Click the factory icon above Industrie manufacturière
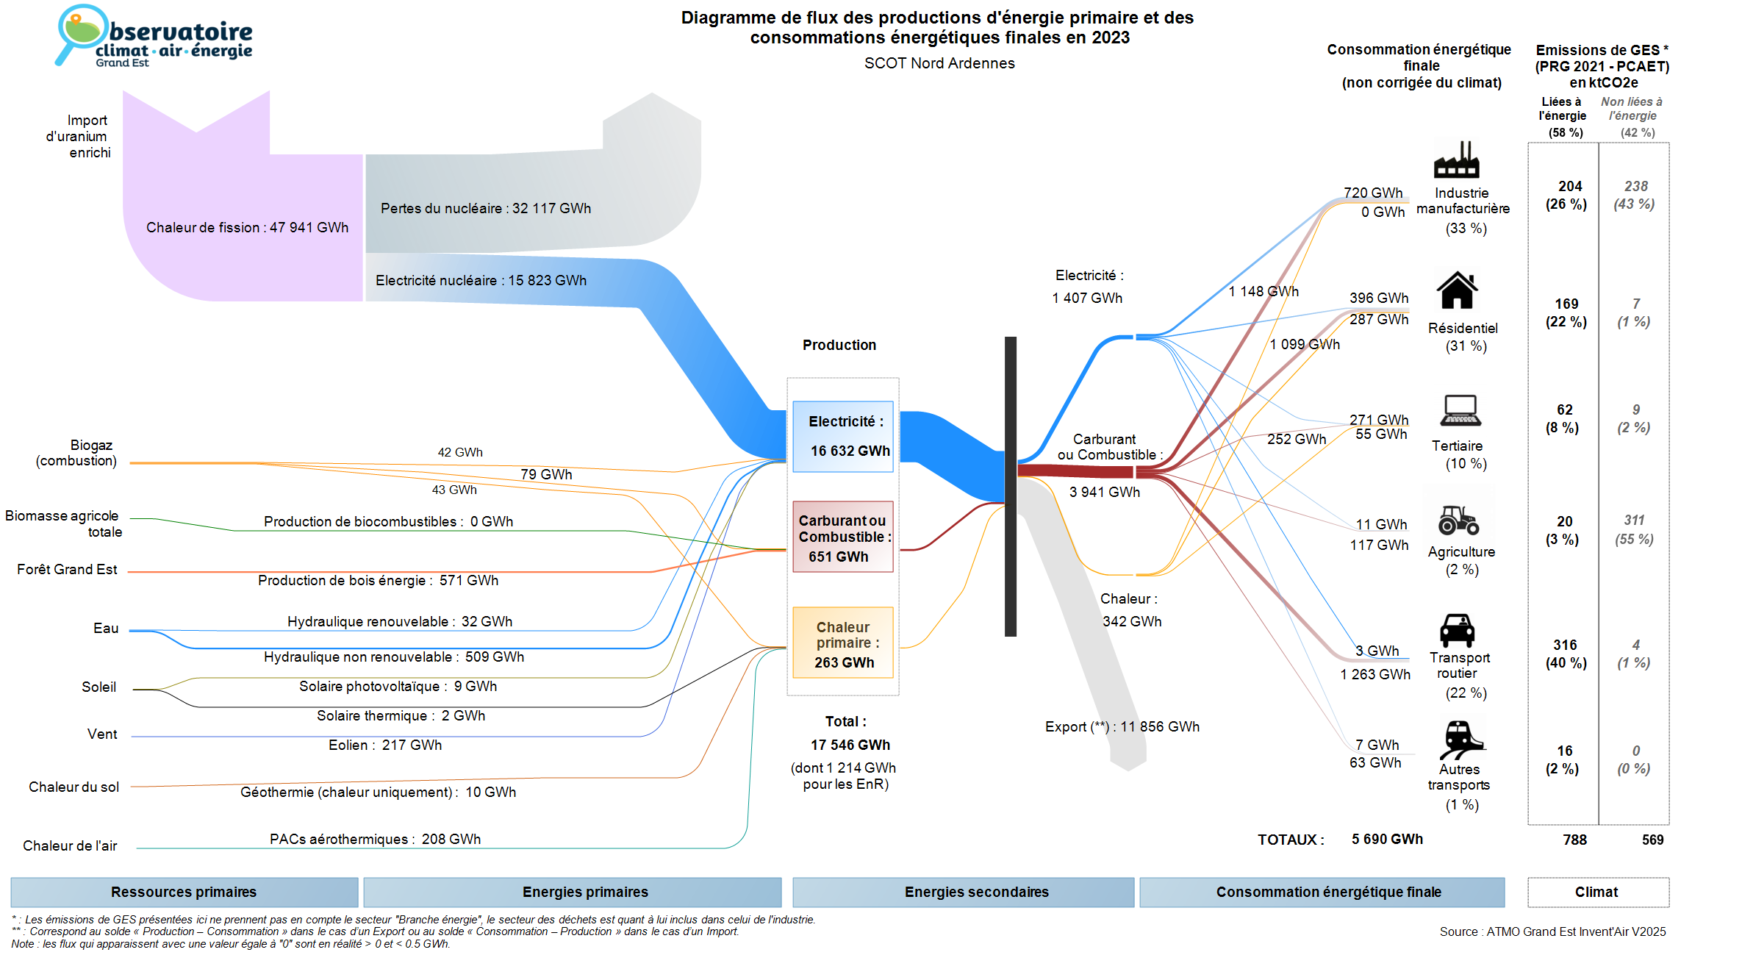tap(1456, 160)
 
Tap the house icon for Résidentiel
tap(1457, 290)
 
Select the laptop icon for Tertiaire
tap(1460, 411)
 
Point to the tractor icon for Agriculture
tap(1458, 520)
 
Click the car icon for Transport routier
tap(1457, 630)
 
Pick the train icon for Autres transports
tap(1460, 738)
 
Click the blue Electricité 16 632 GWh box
tap(843, 436)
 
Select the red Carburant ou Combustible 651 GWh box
tap(843, 537)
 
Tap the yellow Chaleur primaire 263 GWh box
tap(843, 643)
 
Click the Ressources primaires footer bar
tap(184, 892)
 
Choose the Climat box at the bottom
tap(1597, 892)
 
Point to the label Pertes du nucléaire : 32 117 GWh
tap(485, 208)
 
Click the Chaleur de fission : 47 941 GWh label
tap(247, 227)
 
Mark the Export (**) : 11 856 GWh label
tap(1122, 726)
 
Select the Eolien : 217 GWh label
tap(385, 745)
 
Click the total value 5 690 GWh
tap(1387, 839)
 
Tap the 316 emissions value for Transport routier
tap(1565, 645)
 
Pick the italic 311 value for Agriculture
tap(1634, 520)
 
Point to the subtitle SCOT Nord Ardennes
tap(939, 63)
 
